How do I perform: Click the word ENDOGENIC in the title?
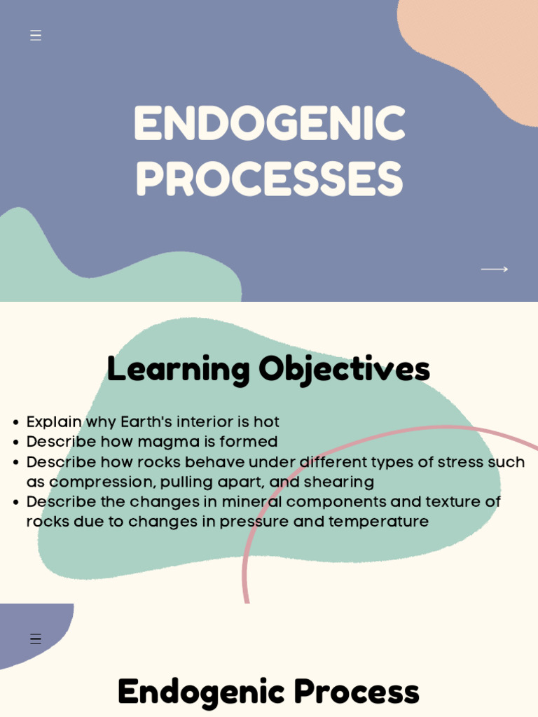[x=269, y=125]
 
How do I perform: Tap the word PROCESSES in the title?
[x=269, y=179]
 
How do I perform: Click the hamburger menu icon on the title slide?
[x=36, y=36]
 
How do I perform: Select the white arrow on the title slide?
[x=494, y=269]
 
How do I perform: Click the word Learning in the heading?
[x=178, y=369]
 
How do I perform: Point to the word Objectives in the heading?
[x=344, y=369]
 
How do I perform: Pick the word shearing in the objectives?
[x=339, y=482]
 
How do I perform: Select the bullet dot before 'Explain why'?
[x=15, y=423]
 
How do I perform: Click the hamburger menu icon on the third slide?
[x=36, y=639]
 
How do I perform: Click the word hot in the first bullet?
[x=266, y=422]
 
